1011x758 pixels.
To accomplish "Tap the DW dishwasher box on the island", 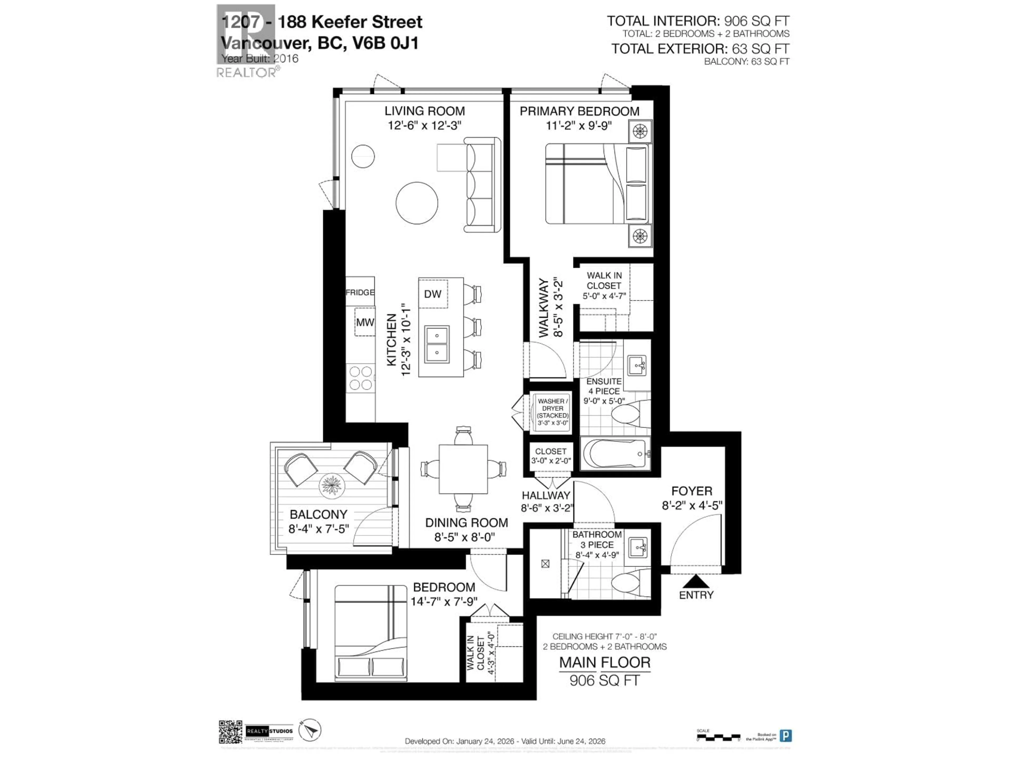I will (432, 294).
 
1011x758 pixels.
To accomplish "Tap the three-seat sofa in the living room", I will (482, 185).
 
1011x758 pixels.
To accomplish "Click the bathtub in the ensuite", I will (614, 454).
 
